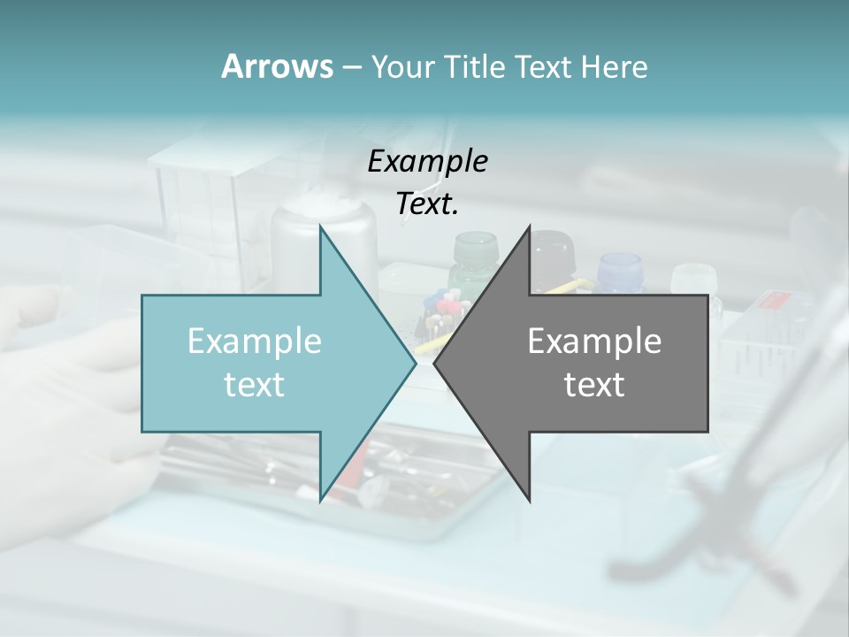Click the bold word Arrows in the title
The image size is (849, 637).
277,66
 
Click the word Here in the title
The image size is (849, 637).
615,66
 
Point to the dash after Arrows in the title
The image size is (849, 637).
351,68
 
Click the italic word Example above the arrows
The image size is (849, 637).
427,162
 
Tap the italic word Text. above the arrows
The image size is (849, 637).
427,204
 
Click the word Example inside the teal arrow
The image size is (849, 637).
255,342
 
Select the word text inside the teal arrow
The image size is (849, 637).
255,385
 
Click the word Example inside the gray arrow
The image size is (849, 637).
594,342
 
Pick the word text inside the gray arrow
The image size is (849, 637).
594,385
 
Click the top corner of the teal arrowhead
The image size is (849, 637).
321,227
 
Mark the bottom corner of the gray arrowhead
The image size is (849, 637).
529,499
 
